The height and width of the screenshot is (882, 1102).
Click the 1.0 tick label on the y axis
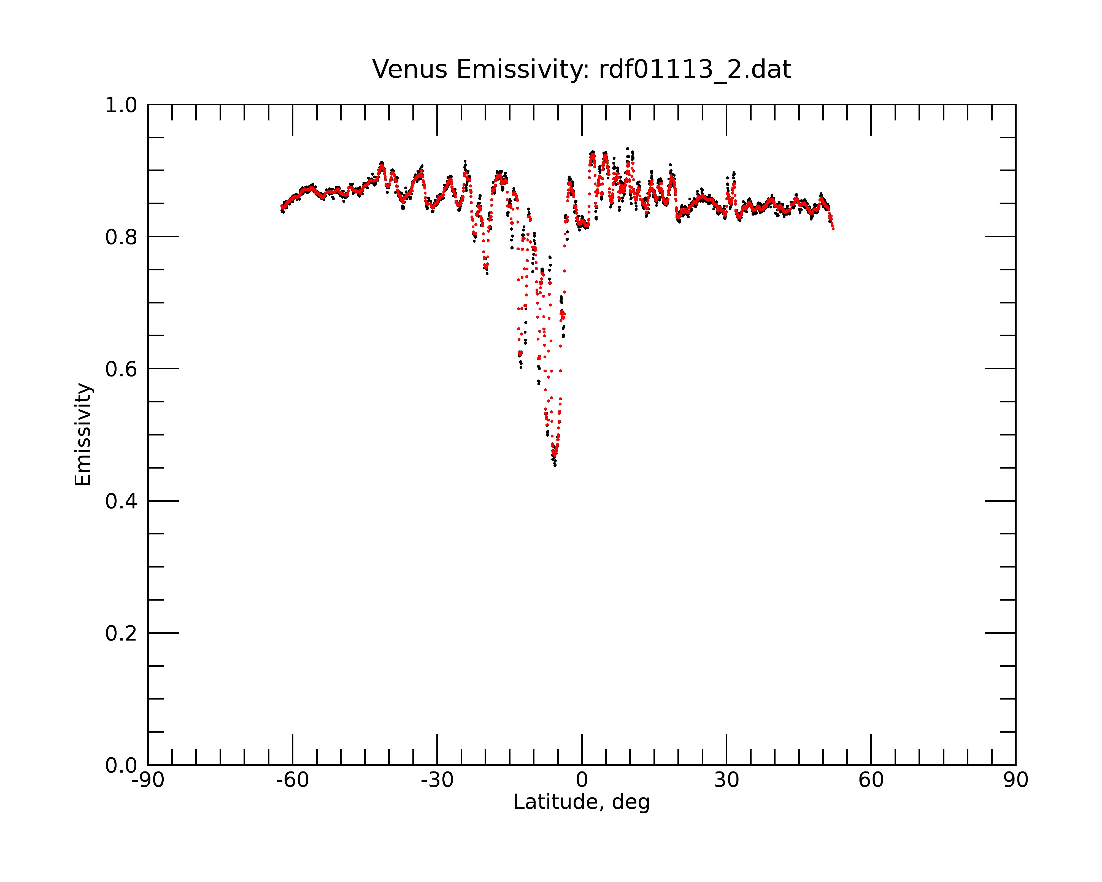point(121,106)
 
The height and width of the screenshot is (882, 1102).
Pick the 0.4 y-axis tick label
point(121,502)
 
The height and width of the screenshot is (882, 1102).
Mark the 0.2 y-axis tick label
point(121,633)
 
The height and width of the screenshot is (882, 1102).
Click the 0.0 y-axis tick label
point(121,765)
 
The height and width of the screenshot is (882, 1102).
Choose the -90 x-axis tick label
point(148,780)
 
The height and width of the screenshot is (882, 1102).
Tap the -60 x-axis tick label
point(292,780)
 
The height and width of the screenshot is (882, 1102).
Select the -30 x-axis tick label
point(437,780)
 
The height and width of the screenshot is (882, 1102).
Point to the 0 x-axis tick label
point(582,780)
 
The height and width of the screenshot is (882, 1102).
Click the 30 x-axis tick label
point(726,780)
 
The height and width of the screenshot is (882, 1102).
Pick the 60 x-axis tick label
point(871,780)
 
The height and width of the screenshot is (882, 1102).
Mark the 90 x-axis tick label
point(1015,780)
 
